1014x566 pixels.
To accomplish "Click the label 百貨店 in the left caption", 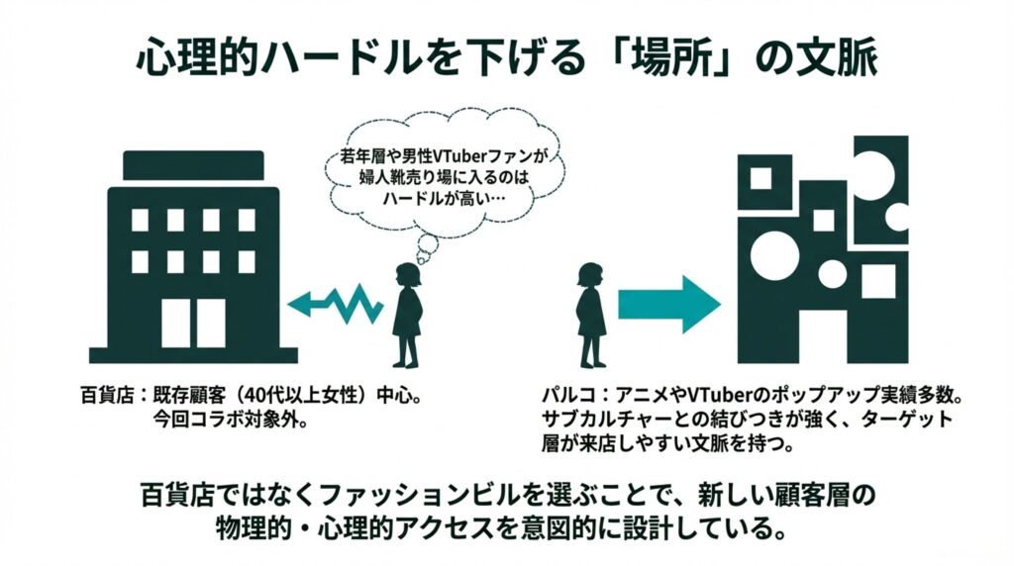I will pos(104,397).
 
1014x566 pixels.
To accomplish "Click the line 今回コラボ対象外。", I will pos(229,420).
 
